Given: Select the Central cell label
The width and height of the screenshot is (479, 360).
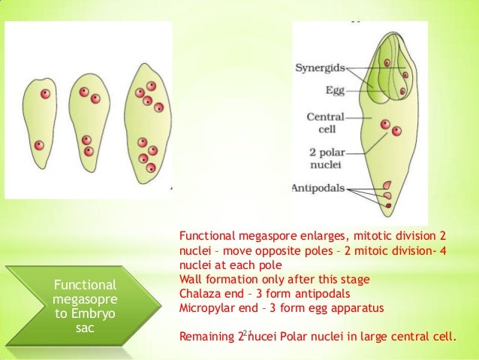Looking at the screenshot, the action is [325, 123].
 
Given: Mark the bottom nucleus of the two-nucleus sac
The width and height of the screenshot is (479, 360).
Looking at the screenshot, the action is [40, 145].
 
